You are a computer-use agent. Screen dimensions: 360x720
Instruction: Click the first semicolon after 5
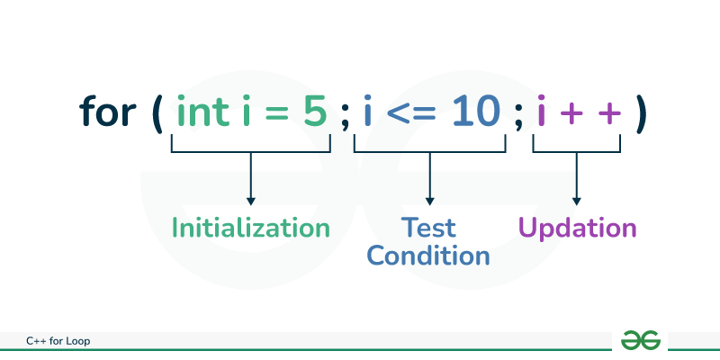point(344,117)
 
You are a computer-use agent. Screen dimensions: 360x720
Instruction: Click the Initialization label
point(251,228)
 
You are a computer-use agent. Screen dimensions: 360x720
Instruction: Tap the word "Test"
point(428,228)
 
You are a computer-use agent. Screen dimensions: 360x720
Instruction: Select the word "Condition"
point(428,255)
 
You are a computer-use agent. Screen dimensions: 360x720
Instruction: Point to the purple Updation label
point(576,228)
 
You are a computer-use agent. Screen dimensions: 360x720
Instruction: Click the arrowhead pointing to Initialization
point(251,200)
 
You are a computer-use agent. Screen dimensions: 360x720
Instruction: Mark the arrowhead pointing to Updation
point(576,200)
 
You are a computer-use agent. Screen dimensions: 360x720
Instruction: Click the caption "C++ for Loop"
point(58,340)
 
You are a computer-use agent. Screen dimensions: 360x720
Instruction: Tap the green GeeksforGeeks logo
point(641,339)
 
